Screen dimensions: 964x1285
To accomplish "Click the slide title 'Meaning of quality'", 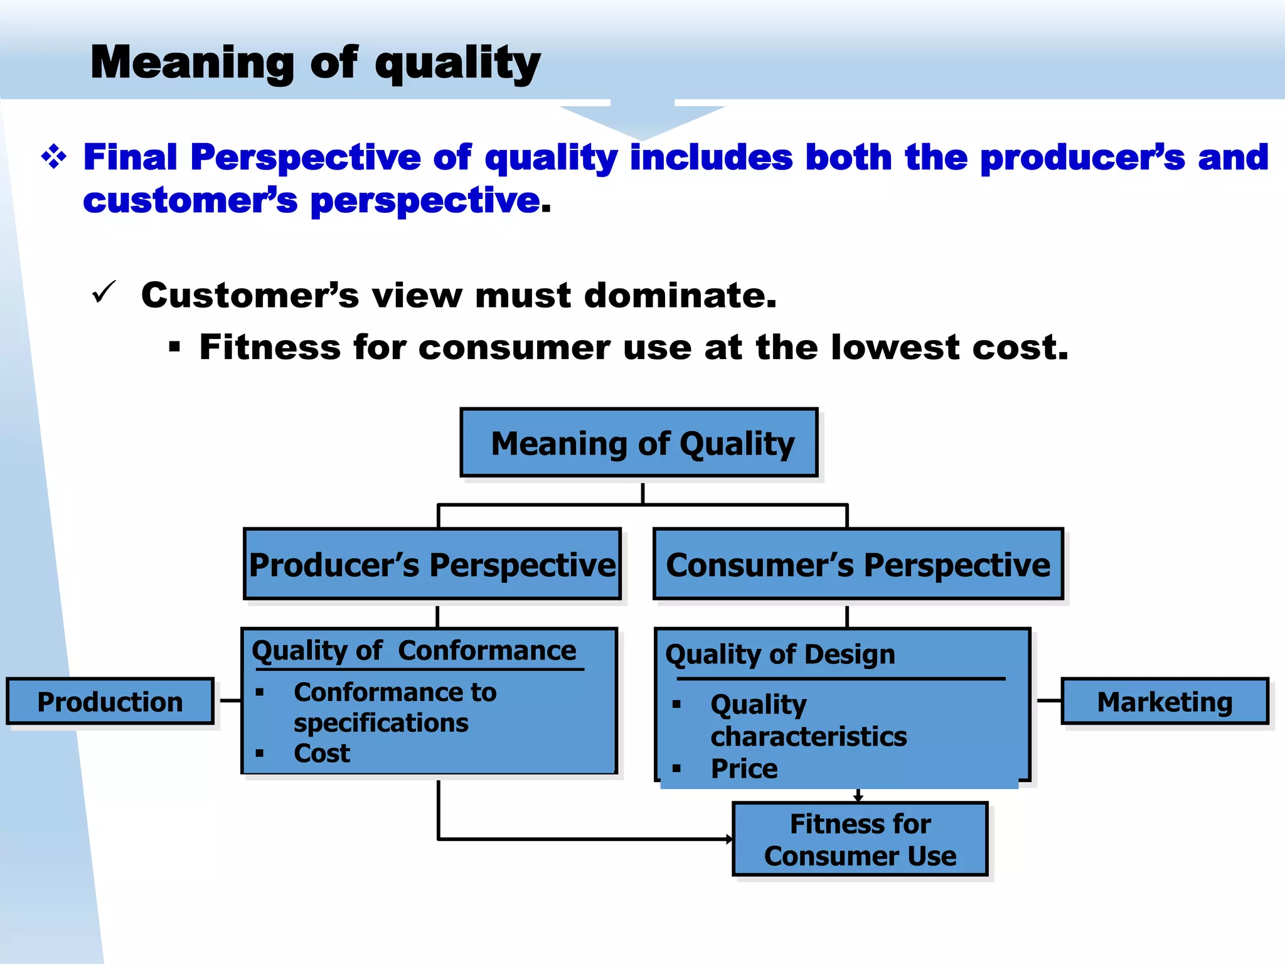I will pyautogui.click(x=315, y=63).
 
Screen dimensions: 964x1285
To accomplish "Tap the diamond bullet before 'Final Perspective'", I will pyautogui.click(x=54, y=157).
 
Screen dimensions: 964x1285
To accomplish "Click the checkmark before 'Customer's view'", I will pyautogui.click(x=104, y=292).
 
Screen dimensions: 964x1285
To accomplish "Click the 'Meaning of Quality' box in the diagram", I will pyautogui.click(x=639, y=443).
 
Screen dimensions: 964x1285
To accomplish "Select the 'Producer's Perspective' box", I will pyautogui.click(x=432, y=564).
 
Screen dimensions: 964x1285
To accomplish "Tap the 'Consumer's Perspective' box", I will pyautogui.click(x=858, y=564).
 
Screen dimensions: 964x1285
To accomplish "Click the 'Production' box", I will pyautogui.click(x=110, y=701).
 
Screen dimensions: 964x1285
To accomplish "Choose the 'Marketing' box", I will pyautogui.click(x=1165, y=701).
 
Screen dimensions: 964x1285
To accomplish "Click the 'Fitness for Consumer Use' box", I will pyautogui.click(x=860, y=839).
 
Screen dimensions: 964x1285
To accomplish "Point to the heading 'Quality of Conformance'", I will pyautogui.click(x=413, y=650).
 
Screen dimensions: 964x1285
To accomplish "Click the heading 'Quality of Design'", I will pyautogui.click(x=780, y=655).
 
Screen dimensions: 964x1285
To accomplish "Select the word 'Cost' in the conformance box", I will pyautogui.click(x=321, y=753).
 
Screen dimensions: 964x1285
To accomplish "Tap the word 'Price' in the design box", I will pyautogui.click(x=744, y=769).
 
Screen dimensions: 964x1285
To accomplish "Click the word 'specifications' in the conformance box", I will pyautogui.click(x=381, y=723).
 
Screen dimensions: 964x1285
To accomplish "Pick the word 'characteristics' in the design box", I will pyautogui.click(x=808, y=737).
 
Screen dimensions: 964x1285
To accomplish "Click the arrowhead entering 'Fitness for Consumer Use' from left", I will pyautogui.click(x=729, y=839).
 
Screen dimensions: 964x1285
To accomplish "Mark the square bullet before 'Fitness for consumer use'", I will pyautogui.click(x=174, y=347).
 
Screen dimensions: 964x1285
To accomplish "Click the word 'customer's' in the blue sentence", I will pyautogui.click(x=190, y=201).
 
